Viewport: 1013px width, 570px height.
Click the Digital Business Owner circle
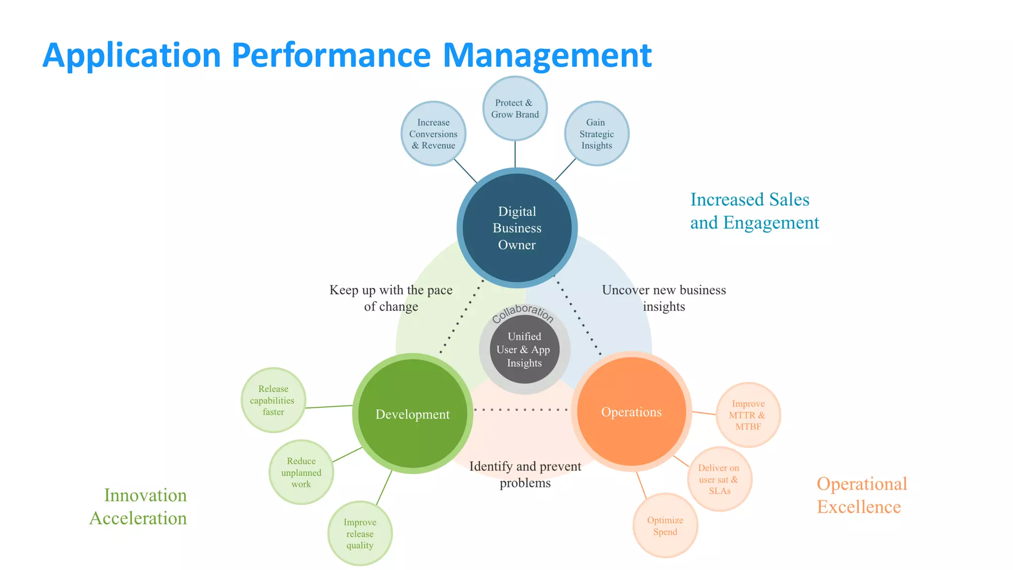click(x=517, y=228)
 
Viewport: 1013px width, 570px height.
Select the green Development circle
click(x=413, y=414)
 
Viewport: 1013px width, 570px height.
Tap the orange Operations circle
click(x=631, y=412)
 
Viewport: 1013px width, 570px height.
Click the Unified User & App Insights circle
click(x=524, y=350)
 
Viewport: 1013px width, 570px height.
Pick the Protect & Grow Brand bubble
click(x=515, y=108)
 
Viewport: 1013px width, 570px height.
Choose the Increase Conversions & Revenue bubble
click(x=433, y=134)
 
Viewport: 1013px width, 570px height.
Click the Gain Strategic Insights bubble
click(x=597, y=134)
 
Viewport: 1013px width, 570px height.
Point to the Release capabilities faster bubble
click(x=273, y=400)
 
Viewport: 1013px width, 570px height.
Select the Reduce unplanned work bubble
click(x=301, y=472)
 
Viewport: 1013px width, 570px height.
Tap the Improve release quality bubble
click(x=360, y=533)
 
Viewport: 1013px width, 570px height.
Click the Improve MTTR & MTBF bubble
click(x=748, y=415)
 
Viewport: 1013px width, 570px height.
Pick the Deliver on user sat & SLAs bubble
click(x=719, y=479)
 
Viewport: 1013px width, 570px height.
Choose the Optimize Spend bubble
click(x=665, y=525)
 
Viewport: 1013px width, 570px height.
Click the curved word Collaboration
click(x=523, y=312)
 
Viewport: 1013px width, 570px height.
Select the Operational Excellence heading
click(x=861, y=495)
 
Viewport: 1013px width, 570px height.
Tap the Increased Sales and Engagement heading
click(x=754, y=211)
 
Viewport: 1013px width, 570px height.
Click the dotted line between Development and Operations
click(x=520, y=410)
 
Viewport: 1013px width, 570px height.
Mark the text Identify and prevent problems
click(x=525, y=474)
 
